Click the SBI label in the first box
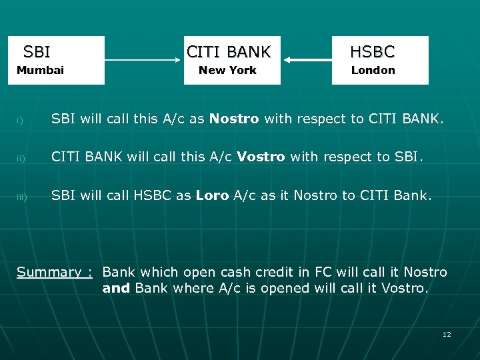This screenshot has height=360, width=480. [37, 51]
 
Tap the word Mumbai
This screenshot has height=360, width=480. [40, 71]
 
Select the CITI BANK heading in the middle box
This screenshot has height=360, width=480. [229, 51]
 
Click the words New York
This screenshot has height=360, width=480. [227, 71]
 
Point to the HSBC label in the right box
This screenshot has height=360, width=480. [373, 51]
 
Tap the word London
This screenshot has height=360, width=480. [373, 71]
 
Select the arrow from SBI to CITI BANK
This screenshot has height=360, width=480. [144, 61]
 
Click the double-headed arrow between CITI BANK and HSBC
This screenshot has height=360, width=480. [306, 61]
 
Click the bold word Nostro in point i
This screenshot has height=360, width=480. [234, 119]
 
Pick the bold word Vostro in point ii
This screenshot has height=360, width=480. [261, 157]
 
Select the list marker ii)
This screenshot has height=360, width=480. [21, 158]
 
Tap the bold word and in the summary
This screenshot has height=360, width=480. [116, 288]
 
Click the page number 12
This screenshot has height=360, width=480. [447, 334]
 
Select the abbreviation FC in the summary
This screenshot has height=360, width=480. [313, 272]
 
